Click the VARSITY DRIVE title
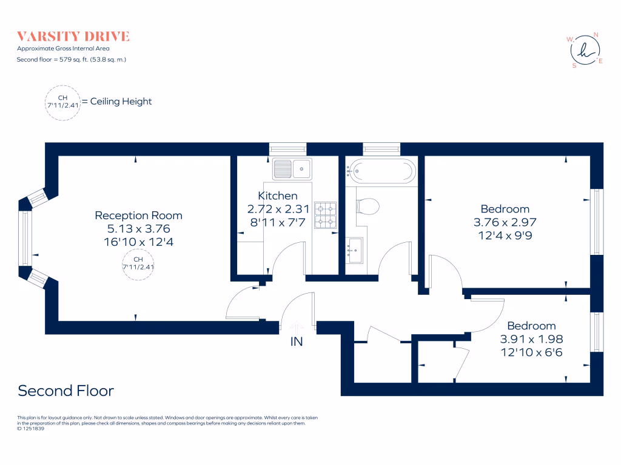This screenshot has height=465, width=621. (x=73, y=36)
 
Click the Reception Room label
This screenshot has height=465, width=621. (x=138, y=216)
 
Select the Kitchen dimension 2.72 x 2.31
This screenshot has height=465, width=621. (x=278, y=209)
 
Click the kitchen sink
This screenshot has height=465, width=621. (x=292, y=168)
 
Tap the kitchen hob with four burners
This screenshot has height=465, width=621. (x=325, y=216)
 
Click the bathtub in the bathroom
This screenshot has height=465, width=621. (x=381, y=171)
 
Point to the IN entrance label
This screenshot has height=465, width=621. (x=296, y=342)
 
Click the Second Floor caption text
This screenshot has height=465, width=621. (x=65, y=391)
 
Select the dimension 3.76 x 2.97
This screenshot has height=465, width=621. (x=505, y=222)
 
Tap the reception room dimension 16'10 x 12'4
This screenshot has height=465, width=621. (x=138, y=242)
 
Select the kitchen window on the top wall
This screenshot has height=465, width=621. (x=287, y=149)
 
